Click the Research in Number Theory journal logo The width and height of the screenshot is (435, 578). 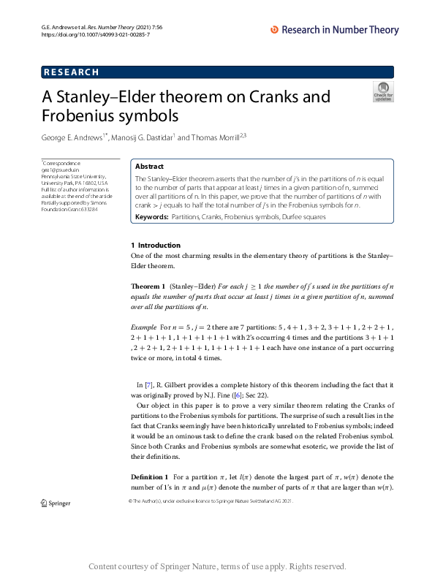pos(335,30)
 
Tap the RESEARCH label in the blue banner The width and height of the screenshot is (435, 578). pos(72,72)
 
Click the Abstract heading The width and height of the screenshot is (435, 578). pos(150,167)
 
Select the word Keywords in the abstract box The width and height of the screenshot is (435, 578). pos(151,218)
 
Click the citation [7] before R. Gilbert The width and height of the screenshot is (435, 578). pos(148,384)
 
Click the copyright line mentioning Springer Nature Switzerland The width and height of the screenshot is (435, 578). pos(211,501)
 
